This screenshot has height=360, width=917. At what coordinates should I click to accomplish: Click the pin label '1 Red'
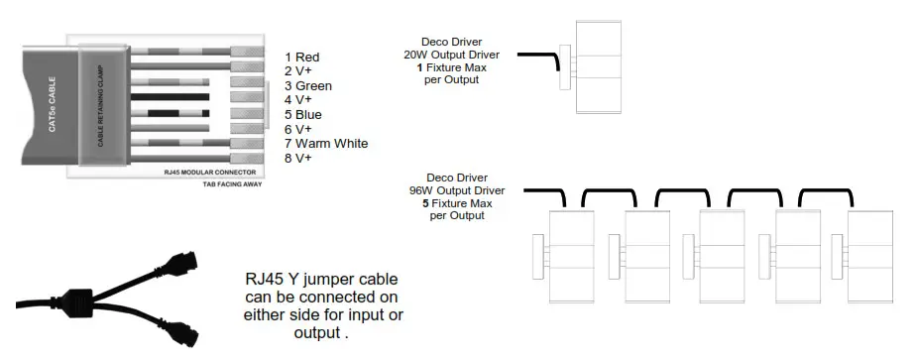pyautogui.click(x=301, y=57)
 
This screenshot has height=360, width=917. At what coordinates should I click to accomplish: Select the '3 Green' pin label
pyautogui.click(x=307, y=85)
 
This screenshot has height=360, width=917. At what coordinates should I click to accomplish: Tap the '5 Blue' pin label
pyautogui.click(x=303, y=114)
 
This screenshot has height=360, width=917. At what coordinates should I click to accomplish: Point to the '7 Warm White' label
pyautogui.click(x=326, y=143)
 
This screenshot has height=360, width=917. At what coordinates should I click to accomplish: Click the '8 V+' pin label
pyautogui.click(x=297, y=158)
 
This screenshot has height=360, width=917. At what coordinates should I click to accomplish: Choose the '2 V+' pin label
pyautogui.click(x=297, y=70)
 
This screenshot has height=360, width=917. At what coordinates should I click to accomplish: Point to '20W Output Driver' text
pyautogui.click(x=451, y=54)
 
